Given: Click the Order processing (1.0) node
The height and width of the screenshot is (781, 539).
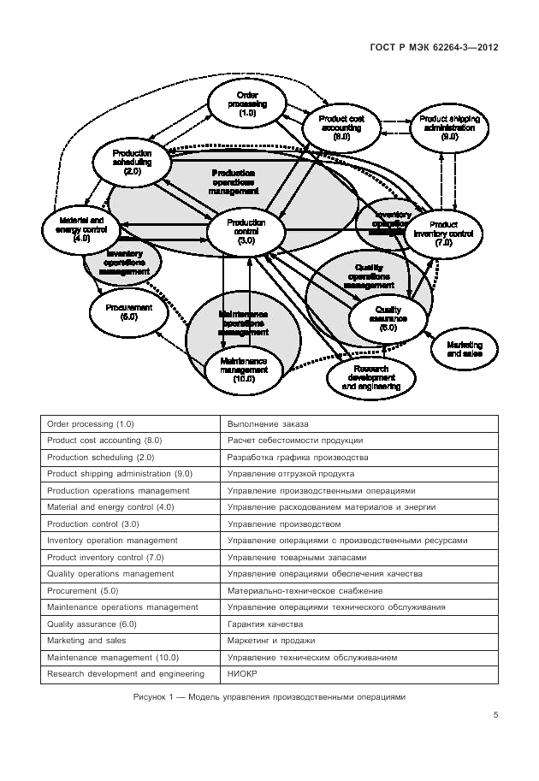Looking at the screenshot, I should [x=247, y=103].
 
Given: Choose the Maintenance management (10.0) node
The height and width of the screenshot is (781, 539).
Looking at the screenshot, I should [x=244, y=369].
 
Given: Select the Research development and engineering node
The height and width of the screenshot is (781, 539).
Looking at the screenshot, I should [x=370, y=376].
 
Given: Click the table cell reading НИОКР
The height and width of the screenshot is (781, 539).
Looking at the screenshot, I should [x=239, y=674].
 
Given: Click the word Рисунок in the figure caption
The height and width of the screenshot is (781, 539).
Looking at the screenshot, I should [x=152, y=696].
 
